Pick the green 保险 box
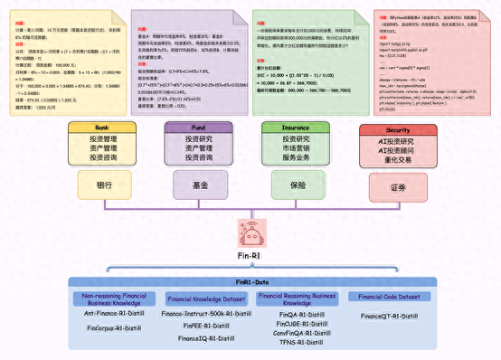point(297,185)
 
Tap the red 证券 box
point(397,188)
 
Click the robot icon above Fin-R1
point(250,233)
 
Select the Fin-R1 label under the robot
point(250,257)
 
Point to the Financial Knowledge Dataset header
point(207,298)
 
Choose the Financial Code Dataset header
point(389,297)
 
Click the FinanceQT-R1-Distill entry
point(389,317)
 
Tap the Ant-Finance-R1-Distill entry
point(114,313)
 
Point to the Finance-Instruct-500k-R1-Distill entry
point(206,313)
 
